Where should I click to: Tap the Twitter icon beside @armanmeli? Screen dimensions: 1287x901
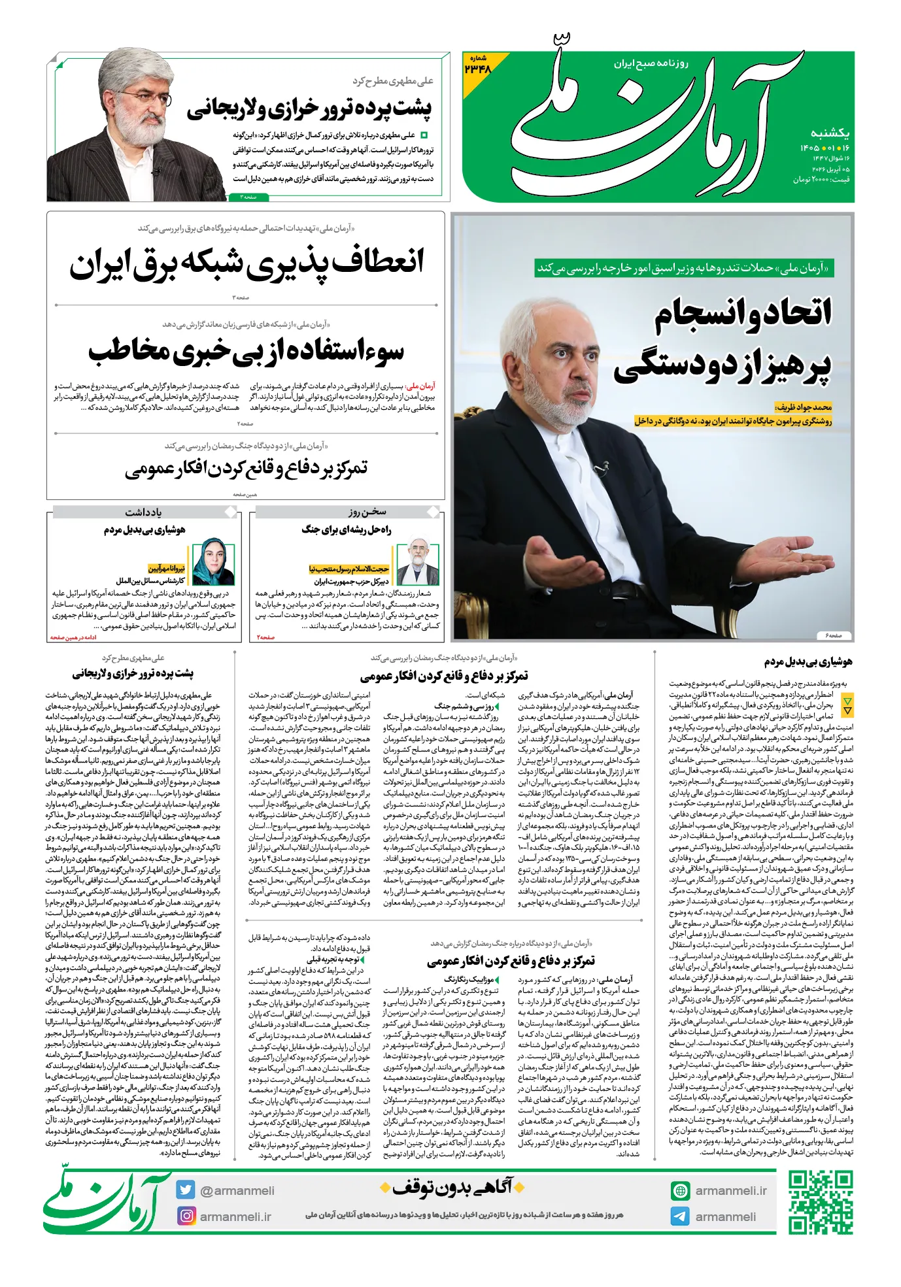(x=185, y=1190)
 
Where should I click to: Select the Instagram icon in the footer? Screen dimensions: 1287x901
(x=186, y=1216)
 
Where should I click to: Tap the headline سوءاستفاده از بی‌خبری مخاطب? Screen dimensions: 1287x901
(x=246, y=352)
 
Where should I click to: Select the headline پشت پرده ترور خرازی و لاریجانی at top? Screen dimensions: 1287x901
(x=309, y=109)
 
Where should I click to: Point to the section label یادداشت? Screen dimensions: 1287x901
(x=143, y=512)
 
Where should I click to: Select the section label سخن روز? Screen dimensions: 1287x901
(x=367, y=512)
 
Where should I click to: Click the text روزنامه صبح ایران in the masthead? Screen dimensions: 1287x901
(x=651, y=63)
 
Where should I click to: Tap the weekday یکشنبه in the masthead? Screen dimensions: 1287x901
(x=830, y=133)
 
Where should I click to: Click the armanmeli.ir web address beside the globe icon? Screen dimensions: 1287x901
(x=731, y=1190)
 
